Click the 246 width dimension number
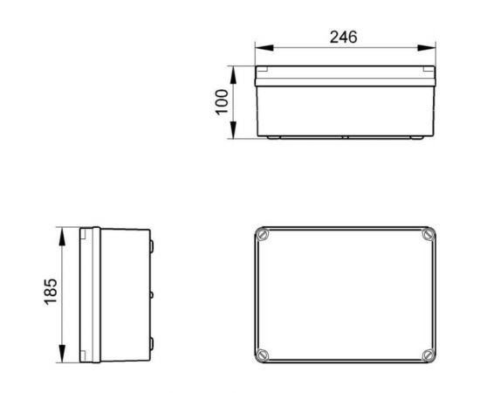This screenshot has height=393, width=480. [344, 37]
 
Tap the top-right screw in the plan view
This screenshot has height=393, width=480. [427, 235]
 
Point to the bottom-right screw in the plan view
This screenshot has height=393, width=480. [427, 355]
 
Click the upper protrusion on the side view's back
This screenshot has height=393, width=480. [153, 247]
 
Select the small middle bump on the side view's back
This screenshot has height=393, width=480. [152, 295]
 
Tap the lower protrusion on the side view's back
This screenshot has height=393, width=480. [153, 344]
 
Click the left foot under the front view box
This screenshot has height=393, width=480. [278, 137]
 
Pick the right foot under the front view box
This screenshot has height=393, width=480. [411, 137]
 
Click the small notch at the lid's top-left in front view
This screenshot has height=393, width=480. [258, 69]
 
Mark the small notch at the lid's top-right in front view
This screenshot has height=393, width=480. [430, 69]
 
